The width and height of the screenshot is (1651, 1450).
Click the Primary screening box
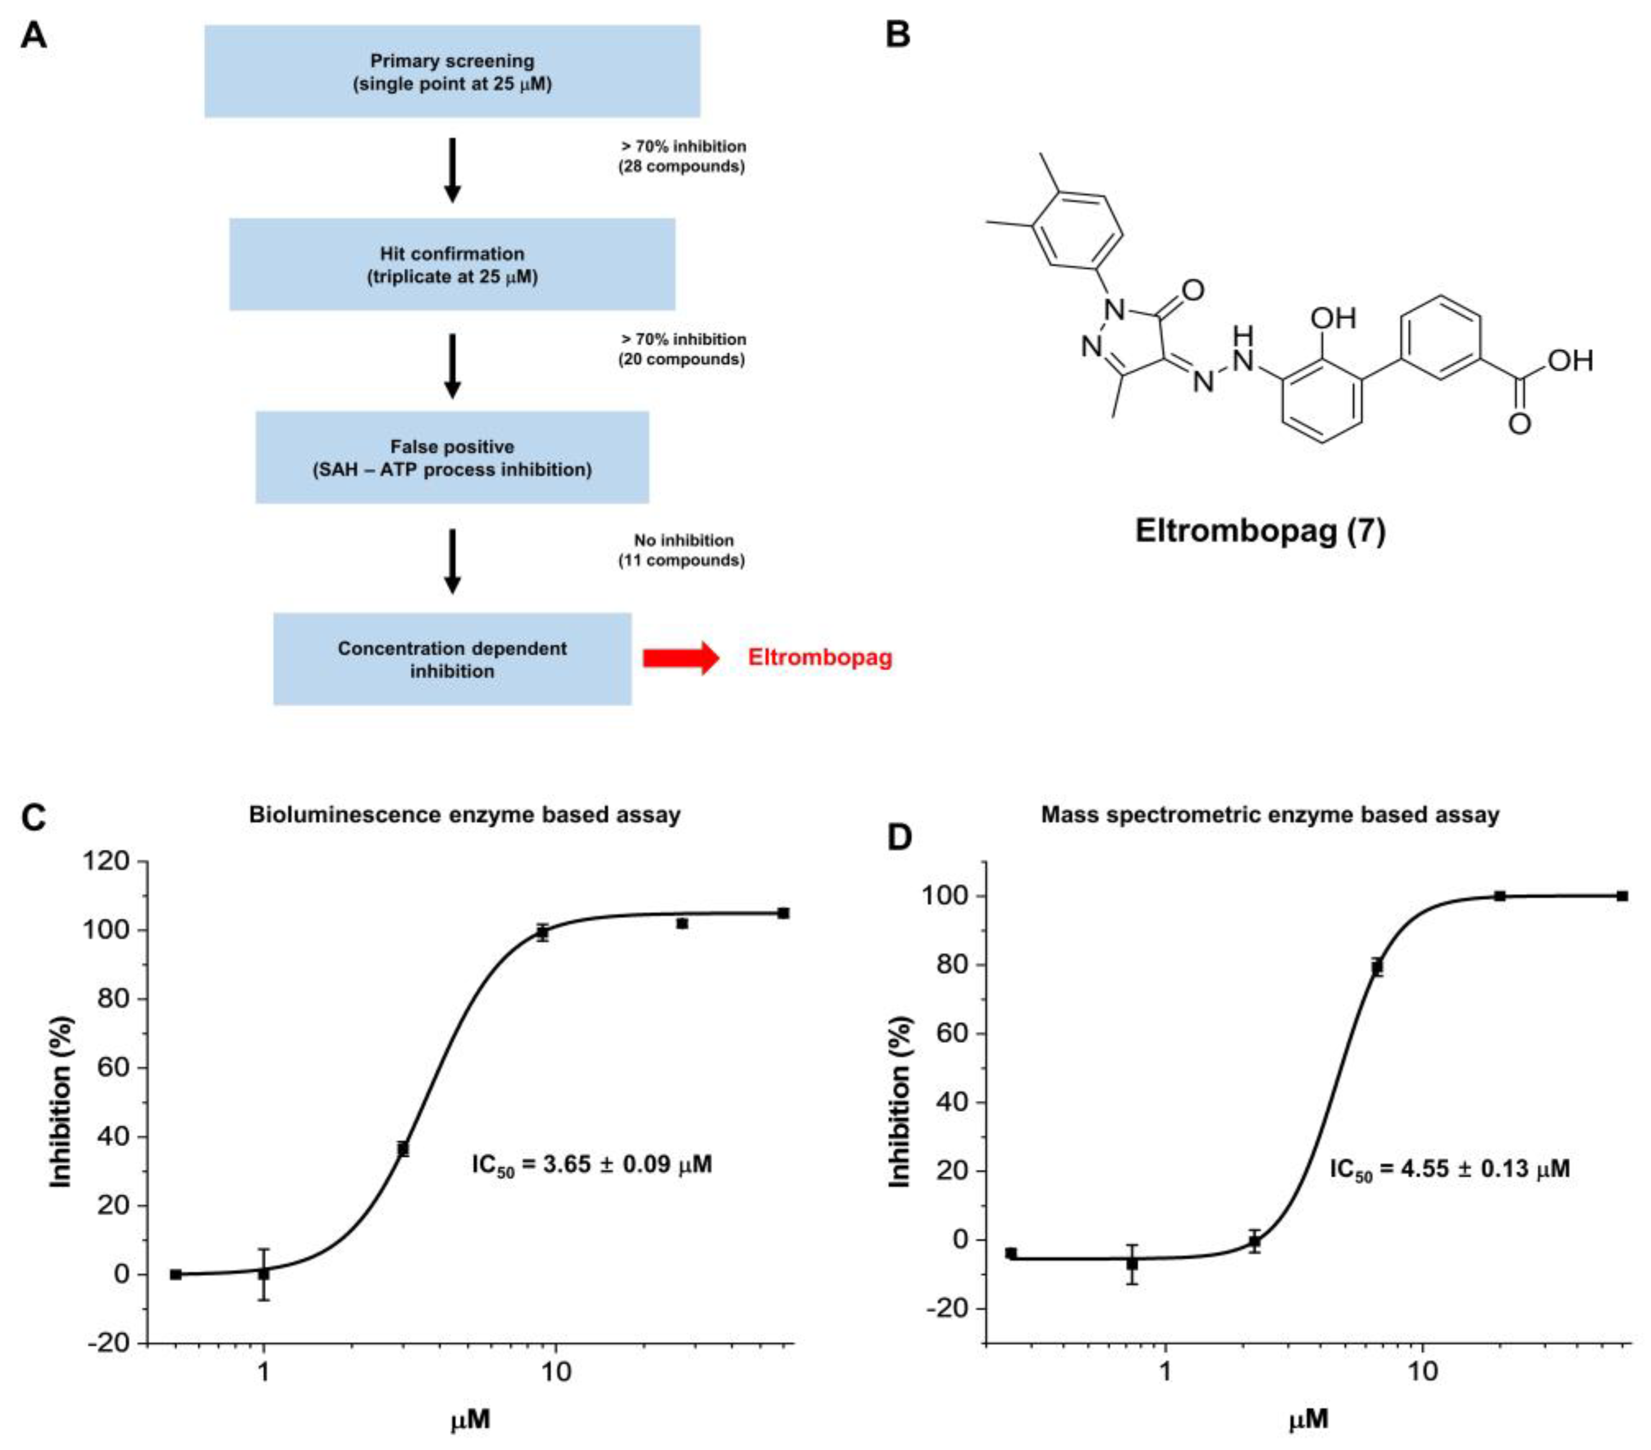[452, 71]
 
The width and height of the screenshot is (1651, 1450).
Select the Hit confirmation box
[452, 264]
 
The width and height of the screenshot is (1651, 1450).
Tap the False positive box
[452, 457]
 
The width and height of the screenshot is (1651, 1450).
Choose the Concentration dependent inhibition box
[452, 659]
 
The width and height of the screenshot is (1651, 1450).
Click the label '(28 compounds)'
[682, 166]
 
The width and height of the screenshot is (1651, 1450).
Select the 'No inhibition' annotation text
[683, 540]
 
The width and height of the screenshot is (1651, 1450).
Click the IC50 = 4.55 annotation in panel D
[1449, 1168]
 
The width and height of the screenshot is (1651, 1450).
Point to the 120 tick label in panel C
[106, 862]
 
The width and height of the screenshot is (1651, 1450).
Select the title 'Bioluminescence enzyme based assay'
[465, 815]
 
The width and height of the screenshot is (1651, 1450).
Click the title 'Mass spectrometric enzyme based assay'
[1270, 815]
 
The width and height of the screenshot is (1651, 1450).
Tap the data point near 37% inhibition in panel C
[403, 1148]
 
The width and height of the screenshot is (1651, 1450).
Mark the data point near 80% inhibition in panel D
[1377, 967]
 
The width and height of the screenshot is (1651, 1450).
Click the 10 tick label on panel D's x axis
[1422, 1371]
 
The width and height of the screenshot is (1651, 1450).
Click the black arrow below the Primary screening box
[452, 169]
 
